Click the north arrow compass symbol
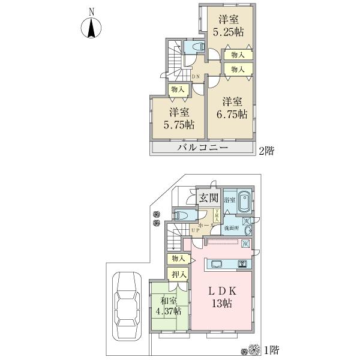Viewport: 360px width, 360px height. tap(91, 25)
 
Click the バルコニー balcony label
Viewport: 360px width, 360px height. tap(202, 148)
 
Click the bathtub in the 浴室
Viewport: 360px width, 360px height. tap(244, 202)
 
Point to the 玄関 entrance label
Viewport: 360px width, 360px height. tap(208, 198)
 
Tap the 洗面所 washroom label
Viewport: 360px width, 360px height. tap(232, 229)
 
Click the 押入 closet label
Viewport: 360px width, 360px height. tap(179, 274)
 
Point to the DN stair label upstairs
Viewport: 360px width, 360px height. tap(196, 77)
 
